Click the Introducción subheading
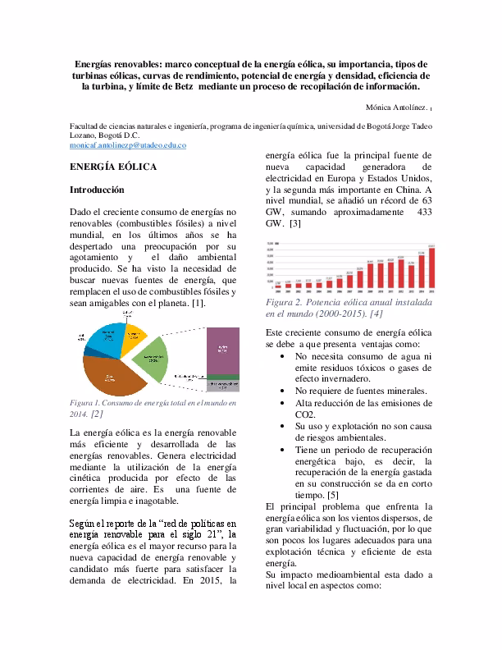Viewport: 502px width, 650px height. [97, 190]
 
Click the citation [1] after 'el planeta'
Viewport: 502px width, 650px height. [197, 304]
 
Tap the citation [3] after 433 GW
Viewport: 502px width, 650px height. [295, 223]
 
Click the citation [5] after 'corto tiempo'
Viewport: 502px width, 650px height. [332, 495]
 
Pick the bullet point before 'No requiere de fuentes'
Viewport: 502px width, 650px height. [283, 391]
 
